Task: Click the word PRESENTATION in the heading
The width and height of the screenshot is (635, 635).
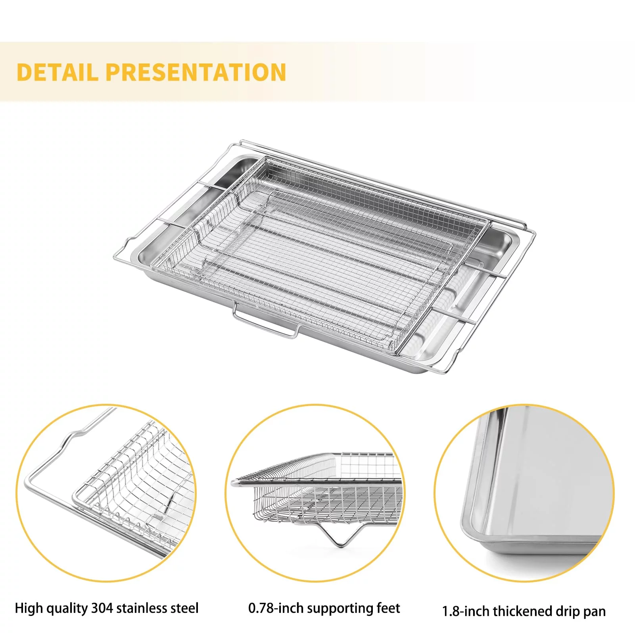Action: (196, 72)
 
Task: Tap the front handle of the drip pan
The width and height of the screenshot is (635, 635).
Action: (265, 324)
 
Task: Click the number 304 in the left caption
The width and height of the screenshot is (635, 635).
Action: (102, 608)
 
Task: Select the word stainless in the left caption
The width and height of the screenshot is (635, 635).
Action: (145, 608)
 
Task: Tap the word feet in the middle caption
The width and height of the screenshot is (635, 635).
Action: (389, 608)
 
